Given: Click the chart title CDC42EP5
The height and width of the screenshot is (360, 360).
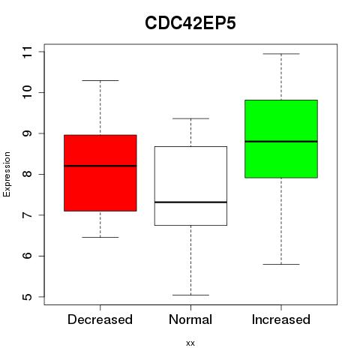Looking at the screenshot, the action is coord(190,23).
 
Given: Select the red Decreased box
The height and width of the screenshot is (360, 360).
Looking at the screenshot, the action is coord(100,173).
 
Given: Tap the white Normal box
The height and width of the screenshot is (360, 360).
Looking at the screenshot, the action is coord(190,186).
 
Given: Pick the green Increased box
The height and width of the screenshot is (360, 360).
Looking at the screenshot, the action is coord(281,139).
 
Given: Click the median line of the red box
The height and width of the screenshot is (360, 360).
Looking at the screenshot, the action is coord(100,166).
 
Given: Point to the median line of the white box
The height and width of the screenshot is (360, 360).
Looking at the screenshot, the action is coord(190,202).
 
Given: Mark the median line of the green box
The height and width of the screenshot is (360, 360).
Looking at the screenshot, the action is coord(281,142).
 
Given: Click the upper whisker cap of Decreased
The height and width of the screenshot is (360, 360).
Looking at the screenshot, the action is coord(100,80).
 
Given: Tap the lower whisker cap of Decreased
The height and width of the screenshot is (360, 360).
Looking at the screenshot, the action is coord(100,237).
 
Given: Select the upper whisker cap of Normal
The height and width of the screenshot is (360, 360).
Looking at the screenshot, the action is coord(190,118).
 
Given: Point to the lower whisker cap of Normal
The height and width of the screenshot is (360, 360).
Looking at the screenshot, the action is coord(190,295).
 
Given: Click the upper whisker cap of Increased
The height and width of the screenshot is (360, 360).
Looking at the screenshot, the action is coord(281,54).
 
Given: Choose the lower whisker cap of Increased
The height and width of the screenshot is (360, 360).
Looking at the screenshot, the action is coord(281,264).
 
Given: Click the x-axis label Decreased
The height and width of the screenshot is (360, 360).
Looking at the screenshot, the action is coord(100,319).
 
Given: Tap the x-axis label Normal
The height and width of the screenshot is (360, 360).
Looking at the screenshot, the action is coord(190,319).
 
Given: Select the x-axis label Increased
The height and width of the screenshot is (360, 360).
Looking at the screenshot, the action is coord(281,319).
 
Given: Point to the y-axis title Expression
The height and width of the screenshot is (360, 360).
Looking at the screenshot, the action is coord(7,174).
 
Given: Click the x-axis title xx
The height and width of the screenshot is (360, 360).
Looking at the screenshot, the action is coord(190,343).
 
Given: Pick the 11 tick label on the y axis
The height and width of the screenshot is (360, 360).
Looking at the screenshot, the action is coord(27,52).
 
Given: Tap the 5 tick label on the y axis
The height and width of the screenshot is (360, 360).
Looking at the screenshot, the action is coord(27,297).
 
